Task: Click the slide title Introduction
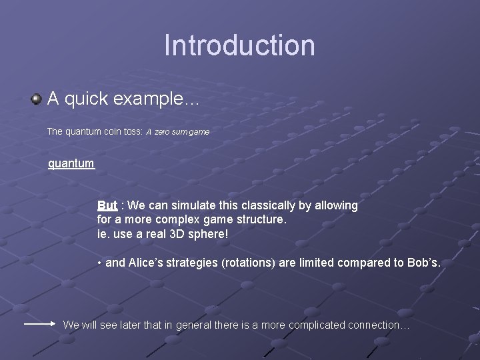tap(239, 45)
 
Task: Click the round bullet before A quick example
tap(36, 99)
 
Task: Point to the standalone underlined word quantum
tap(71, 163)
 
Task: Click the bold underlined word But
tap(107, 205)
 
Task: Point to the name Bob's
tap(424, 263)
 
